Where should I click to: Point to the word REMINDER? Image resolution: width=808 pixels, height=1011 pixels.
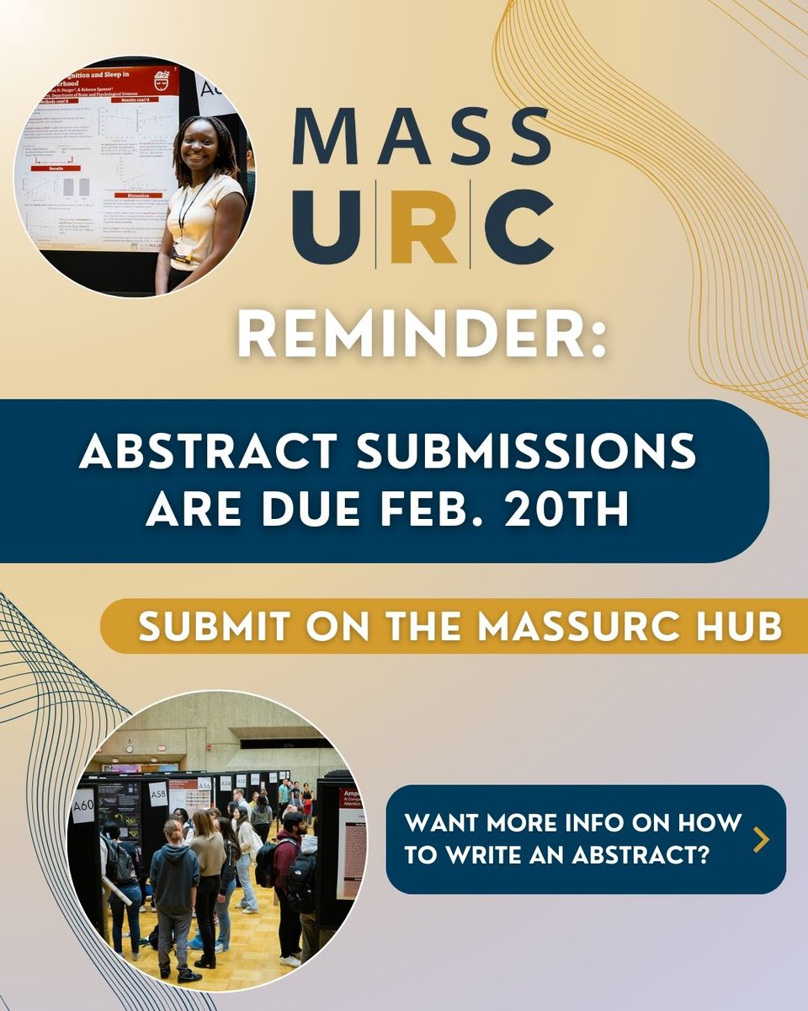(x=421, y=337)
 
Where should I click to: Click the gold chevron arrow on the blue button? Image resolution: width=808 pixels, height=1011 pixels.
(x=761, y=839)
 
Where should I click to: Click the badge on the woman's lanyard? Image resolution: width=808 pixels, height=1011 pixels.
(x=179, y=252)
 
